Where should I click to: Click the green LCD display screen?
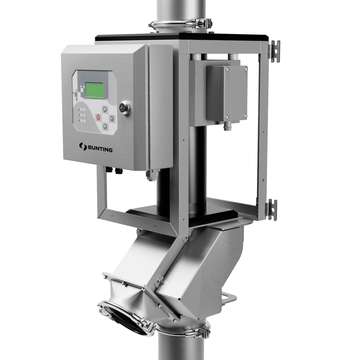94,90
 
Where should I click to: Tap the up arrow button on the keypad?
105,109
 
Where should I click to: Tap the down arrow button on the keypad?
105,126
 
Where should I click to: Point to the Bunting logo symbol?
82,146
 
